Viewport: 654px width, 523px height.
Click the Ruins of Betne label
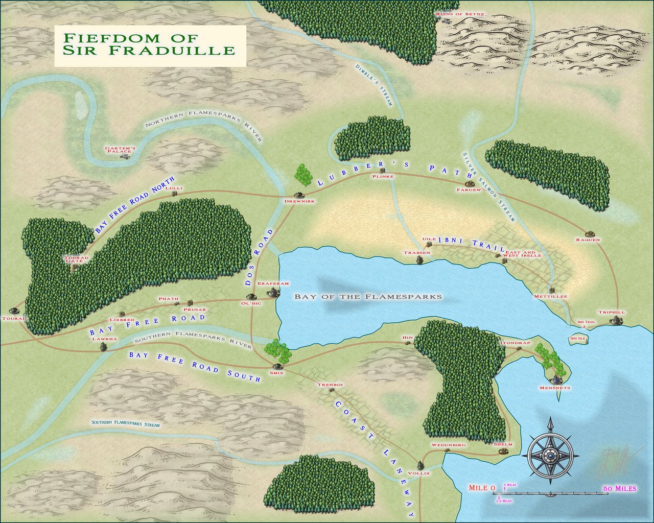point(460,14)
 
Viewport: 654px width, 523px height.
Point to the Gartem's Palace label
point(120,150)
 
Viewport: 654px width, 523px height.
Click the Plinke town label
point(383,177)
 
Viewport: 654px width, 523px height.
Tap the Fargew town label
point(469,190)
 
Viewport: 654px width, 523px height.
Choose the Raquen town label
point(588,240)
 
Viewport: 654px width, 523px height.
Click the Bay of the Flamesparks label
point(368,296)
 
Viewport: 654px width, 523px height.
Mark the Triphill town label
point(612,312)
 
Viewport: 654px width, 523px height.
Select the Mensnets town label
point(554,388)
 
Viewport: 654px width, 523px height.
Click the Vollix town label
point(419,473)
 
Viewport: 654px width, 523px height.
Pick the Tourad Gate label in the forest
point(77,259)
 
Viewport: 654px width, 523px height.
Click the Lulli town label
point(178,188)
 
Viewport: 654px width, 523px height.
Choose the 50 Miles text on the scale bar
point(620,489)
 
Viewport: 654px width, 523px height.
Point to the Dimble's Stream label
point(373,85)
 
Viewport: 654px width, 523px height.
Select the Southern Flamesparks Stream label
point(125,424)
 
